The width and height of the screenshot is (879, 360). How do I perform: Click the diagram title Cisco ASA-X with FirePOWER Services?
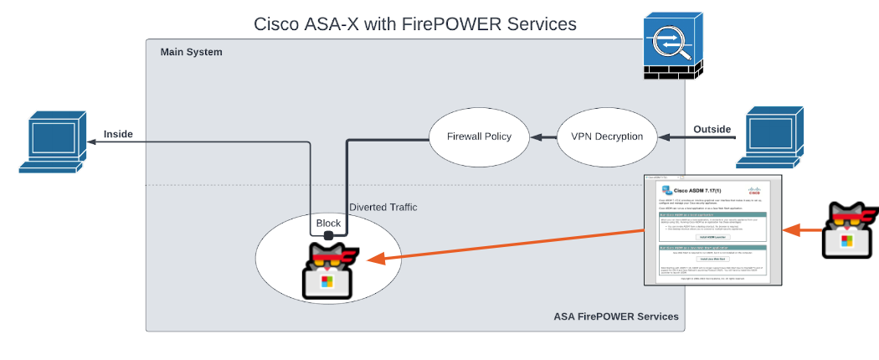click(x=415, y=23)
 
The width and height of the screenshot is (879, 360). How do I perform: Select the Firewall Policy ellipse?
click(x=479, y=136)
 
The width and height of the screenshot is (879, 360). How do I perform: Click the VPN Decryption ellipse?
click(x=606, y=136)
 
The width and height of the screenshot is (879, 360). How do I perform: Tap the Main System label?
click(x=192, y=52)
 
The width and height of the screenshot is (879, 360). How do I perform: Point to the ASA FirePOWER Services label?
click(x=616, y=316)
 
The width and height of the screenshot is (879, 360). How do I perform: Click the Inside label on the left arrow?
click(x=118, y=134)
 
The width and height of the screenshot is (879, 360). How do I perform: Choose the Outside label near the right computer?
click(x=712, y=129)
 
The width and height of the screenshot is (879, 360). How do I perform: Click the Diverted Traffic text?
click(x=383, y=207)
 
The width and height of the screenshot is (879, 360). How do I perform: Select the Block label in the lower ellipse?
click(x=328, y=224)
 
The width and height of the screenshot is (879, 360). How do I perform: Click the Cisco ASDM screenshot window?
click(x=712, y=229)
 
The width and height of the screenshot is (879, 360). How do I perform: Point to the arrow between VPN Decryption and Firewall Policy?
click(x=545, y=136)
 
